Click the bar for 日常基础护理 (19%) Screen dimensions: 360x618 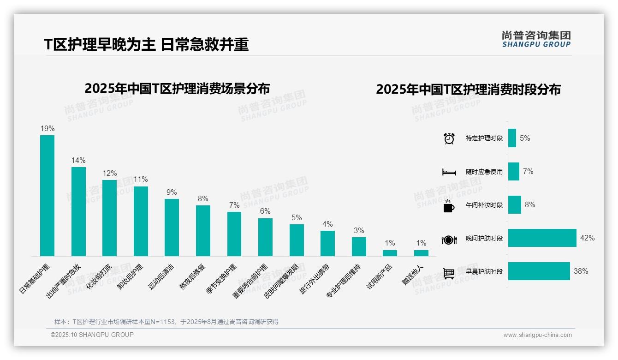47,195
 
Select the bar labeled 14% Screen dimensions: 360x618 78,211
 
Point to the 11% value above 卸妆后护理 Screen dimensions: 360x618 141,180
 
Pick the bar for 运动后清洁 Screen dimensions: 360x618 172,227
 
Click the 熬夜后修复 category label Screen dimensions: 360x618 193,276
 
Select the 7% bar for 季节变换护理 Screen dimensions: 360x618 234,234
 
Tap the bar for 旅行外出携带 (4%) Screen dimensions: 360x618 327,243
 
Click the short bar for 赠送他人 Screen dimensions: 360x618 421,253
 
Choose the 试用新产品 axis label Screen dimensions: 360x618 380,276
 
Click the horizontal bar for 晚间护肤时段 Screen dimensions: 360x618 542,238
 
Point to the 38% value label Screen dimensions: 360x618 581,271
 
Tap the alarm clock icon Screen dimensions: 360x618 449,138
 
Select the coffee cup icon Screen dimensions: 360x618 449,206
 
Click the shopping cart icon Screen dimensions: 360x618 449,273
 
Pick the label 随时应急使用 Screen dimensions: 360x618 484,172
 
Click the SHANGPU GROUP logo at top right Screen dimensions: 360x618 536,39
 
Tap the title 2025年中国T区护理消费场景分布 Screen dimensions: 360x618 177,88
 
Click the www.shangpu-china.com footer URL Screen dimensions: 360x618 537,335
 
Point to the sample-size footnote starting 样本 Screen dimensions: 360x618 166,322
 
